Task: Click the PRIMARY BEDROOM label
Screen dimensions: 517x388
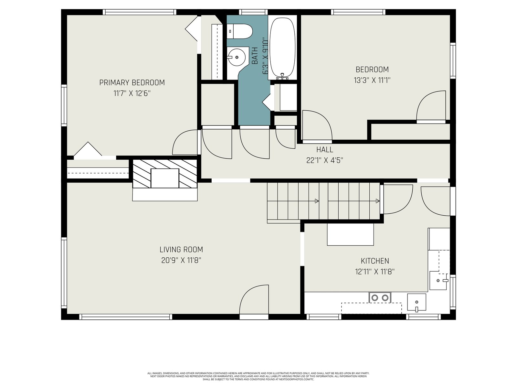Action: [x=132, y=83]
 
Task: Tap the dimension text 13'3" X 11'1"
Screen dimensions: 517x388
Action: [x=372, y=80]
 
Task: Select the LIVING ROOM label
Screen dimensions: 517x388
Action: [x=181, y=250]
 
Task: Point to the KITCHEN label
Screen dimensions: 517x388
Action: [x=375, y=261]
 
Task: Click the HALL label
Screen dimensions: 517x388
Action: [x=324, y=150]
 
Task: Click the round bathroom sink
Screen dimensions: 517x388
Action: [x=236, y=57]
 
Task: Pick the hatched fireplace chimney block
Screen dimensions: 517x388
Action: [x=165, y=174]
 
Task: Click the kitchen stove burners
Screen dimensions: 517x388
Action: [x=380, y=297]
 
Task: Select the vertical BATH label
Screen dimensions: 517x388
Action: [x=255, y=56]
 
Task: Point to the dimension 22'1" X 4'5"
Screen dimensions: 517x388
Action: [x=324, y=160]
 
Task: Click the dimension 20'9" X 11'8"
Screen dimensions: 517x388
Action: [x=181, y=260]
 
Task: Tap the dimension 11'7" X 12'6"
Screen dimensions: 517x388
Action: [x=132, y=93]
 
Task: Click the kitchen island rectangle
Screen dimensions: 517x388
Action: [x=350, y=234]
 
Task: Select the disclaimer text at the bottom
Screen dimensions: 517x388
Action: [x=258, y=376]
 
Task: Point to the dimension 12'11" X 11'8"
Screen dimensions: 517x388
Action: [x=375, y=272]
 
